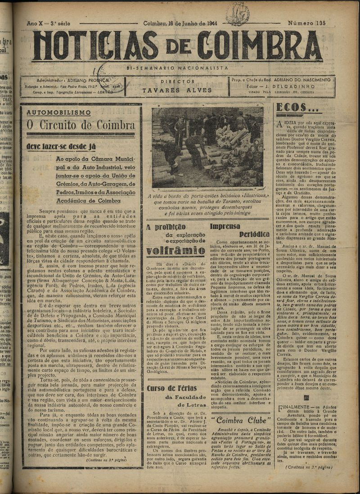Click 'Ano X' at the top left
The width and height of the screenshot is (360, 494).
[35, 23]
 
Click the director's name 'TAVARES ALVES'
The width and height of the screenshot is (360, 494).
[177, 90]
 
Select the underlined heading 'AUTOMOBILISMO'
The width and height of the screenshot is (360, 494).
[58, 112]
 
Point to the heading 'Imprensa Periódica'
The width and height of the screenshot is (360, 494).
[241, 230]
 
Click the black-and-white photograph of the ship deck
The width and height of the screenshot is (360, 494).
[207, 148]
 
